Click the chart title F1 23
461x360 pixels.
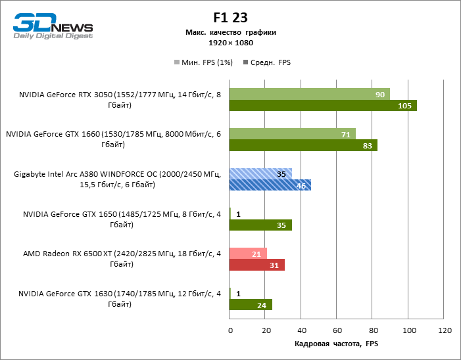pos(230,18)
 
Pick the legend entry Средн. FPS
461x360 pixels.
pos(266,62)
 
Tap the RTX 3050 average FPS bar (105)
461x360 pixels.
pos(323,106)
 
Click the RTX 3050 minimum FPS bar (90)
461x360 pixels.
pos(309,94)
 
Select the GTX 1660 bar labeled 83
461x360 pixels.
pos(303,146)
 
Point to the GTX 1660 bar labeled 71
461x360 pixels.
pos(293,134)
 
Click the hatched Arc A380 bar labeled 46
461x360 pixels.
pos(270,185)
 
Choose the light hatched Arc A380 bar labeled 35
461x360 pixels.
pos(260,174)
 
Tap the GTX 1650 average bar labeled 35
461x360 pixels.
pos(260,225)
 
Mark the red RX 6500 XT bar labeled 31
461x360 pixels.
pos(256,265)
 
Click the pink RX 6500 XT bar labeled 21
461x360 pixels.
pos(248,254)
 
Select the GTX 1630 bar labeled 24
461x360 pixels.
pos(251,305)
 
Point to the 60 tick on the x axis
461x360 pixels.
pos(337,329)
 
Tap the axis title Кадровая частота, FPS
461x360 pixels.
pos(336,344)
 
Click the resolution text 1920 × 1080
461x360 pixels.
pos(230,43)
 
